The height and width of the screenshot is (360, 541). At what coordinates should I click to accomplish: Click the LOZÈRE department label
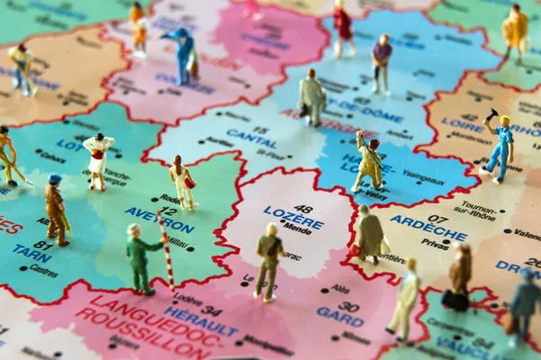pos(293,221)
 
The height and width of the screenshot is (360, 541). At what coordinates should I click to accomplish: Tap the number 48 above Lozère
pos(303,209)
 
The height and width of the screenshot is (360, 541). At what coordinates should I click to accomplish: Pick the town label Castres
pos(43,269)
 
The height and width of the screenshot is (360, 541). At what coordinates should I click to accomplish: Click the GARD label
pos(339,318)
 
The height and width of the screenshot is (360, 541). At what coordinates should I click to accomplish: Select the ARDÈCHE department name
pos(428,230)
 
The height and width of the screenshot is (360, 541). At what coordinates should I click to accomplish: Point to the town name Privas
pos(435,244)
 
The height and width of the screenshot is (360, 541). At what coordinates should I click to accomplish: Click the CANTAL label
pos(252,144)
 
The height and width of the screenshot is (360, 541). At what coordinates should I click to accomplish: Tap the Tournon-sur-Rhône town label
pos(477,210)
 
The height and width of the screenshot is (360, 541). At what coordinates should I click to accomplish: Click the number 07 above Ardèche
pos(438,219)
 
